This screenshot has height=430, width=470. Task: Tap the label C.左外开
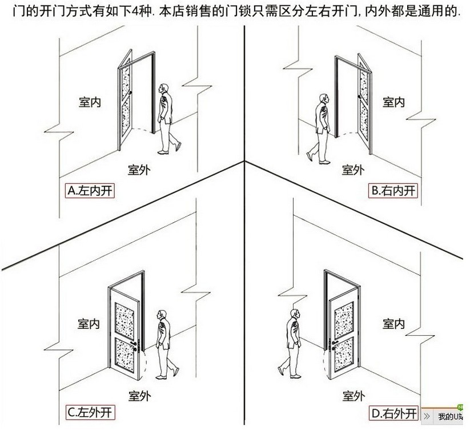click(x=90, y=411)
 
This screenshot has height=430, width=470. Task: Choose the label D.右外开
click(x=392, y=411)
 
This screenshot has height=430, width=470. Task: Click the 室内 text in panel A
click(x=90, y=102)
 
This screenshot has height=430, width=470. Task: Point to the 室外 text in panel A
click(x=139, y=170)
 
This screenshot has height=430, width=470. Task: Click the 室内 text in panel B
click(x=393, y=102)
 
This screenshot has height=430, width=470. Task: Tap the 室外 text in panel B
click(x=353, y=170)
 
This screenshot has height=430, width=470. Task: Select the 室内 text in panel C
click(x=89, y=324)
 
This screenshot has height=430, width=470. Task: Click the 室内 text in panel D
click(x=393, y=324)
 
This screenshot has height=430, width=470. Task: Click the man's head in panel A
click(x=164, y=89)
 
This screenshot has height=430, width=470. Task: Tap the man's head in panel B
click(x=323, y=98)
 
